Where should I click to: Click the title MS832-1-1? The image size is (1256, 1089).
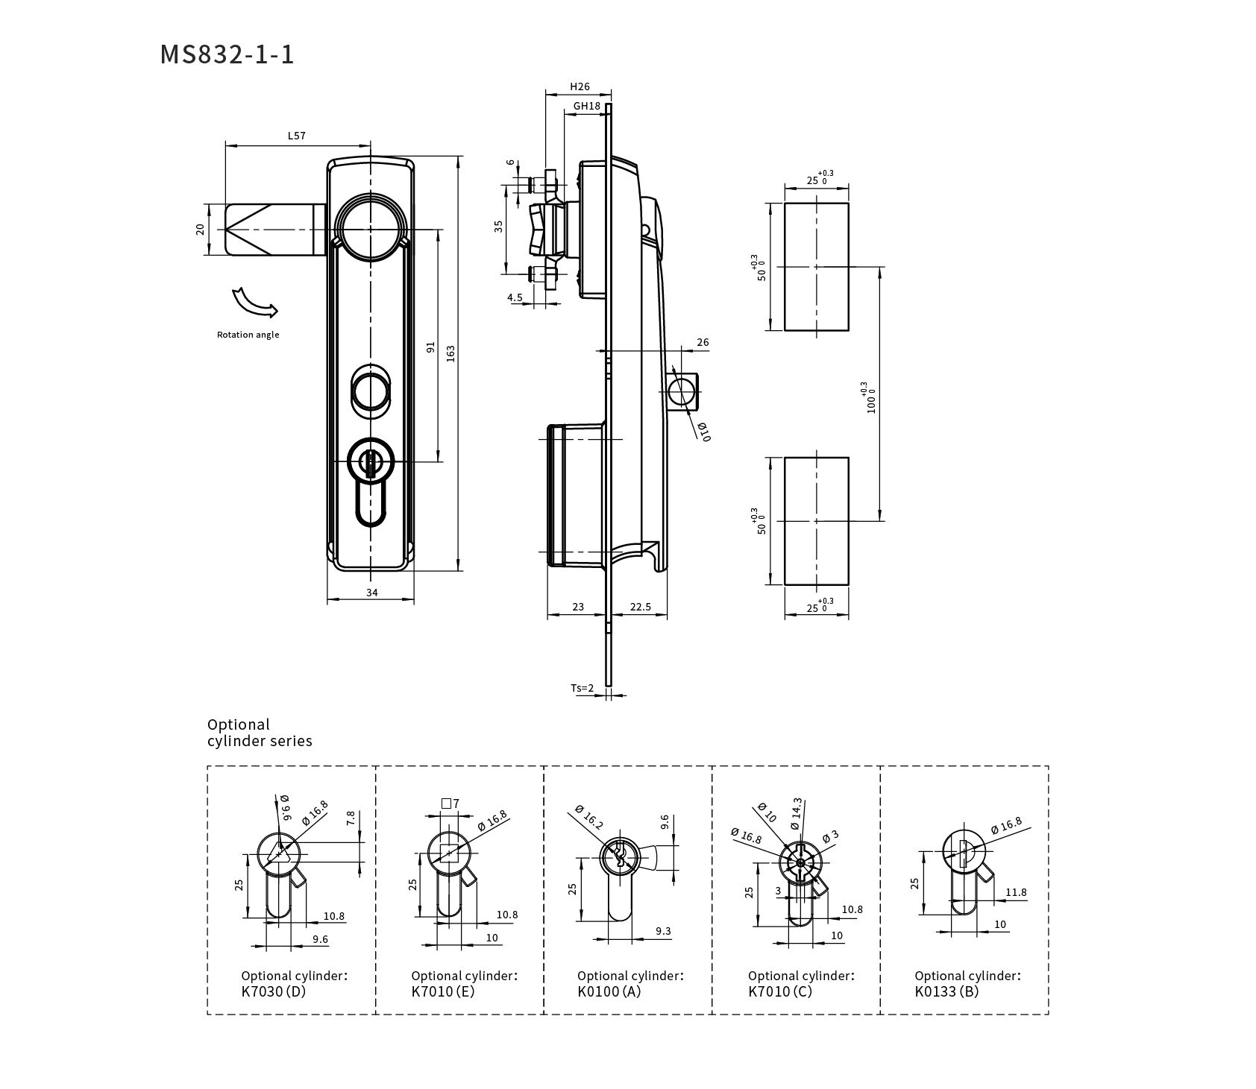tap(227, 54)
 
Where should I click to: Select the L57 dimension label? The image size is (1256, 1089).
tap(297, 136)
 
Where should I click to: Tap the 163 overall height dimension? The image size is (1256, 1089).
tap(450, 353)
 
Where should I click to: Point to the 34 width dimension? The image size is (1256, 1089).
tap(371, 593)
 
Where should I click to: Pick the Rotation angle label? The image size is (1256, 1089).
tap(248, 335)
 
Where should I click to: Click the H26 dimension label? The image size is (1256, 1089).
tap(580, 86)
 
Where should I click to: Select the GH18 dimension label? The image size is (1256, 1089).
tap(587, 106)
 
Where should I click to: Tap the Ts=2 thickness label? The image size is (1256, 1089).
tap(583, 688)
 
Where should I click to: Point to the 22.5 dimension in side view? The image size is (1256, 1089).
tap(640, 607)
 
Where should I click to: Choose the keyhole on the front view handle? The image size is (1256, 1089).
tap(371, 461)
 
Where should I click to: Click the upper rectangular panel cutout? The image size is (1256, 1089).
tap(817, 266)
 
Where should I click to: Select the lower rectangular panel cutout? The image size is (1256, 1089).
tap(817, 521)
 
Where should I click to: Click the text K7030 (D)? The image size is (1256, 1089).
tap(274, 991)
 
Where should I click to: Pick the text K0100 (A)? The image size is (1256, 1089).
tap(609, 991)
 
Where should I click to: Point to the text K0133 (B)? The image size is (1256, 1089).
tap(946, 991)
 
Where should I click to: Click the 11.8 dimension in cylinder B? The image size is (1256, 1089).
tap(1016, 891)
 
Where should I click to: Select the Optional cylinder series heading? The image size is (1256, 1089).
tap(260, 733)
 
